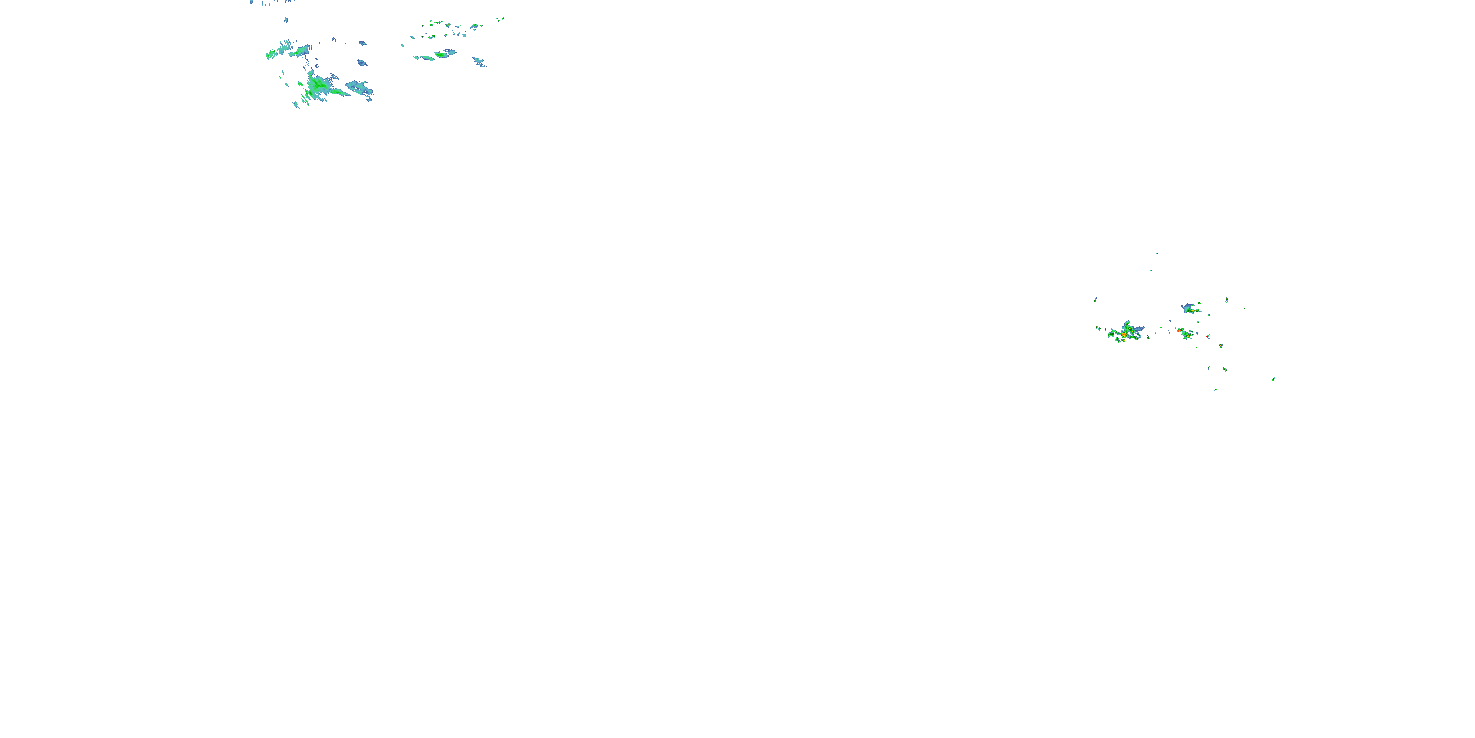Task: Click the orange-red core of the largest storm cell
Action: click(1124, 334)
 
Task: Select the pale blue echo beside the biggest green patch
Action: click(359, 88)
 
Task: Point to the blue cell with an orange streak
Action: click(1190, 309)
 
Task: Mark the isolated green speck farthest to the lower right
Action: click(1273, 379)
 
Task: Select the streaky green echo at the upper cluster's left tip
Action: click(272, 55)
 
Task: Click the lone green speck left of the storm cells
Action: click(1095, 300)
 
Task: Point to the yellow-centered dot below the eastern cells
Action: click(1221, 346)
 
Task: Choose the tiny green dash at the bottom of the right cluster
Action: click(1215, 390)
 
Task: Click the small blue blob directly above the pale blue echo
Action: click(362, 62)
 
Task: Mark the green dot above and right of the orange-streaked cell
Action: click(1227, 300)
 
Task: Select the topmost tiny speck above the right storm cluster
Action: click(1156, 253)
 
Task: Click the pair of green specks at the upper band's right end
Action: click(500, 19)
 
